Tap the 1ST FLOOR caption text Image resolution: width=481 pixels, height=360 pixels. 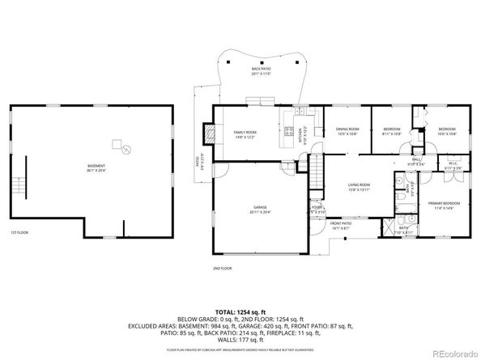pos(19,233)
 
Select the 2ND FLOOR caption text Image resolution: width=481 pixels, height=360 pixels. pos(222,267)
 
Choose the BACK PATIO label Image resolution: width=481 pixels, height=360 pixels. pos(261,71)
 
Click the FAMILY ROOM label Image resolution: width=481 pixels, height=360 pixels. pos(245,134)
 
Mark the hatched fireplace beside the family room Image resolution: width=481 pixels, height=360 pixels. pos(210,133)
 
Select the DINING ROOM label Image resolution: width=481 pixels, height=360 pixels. pos(347,132)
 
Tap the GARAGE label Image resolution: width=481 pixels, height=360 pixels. pos(259,209)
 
